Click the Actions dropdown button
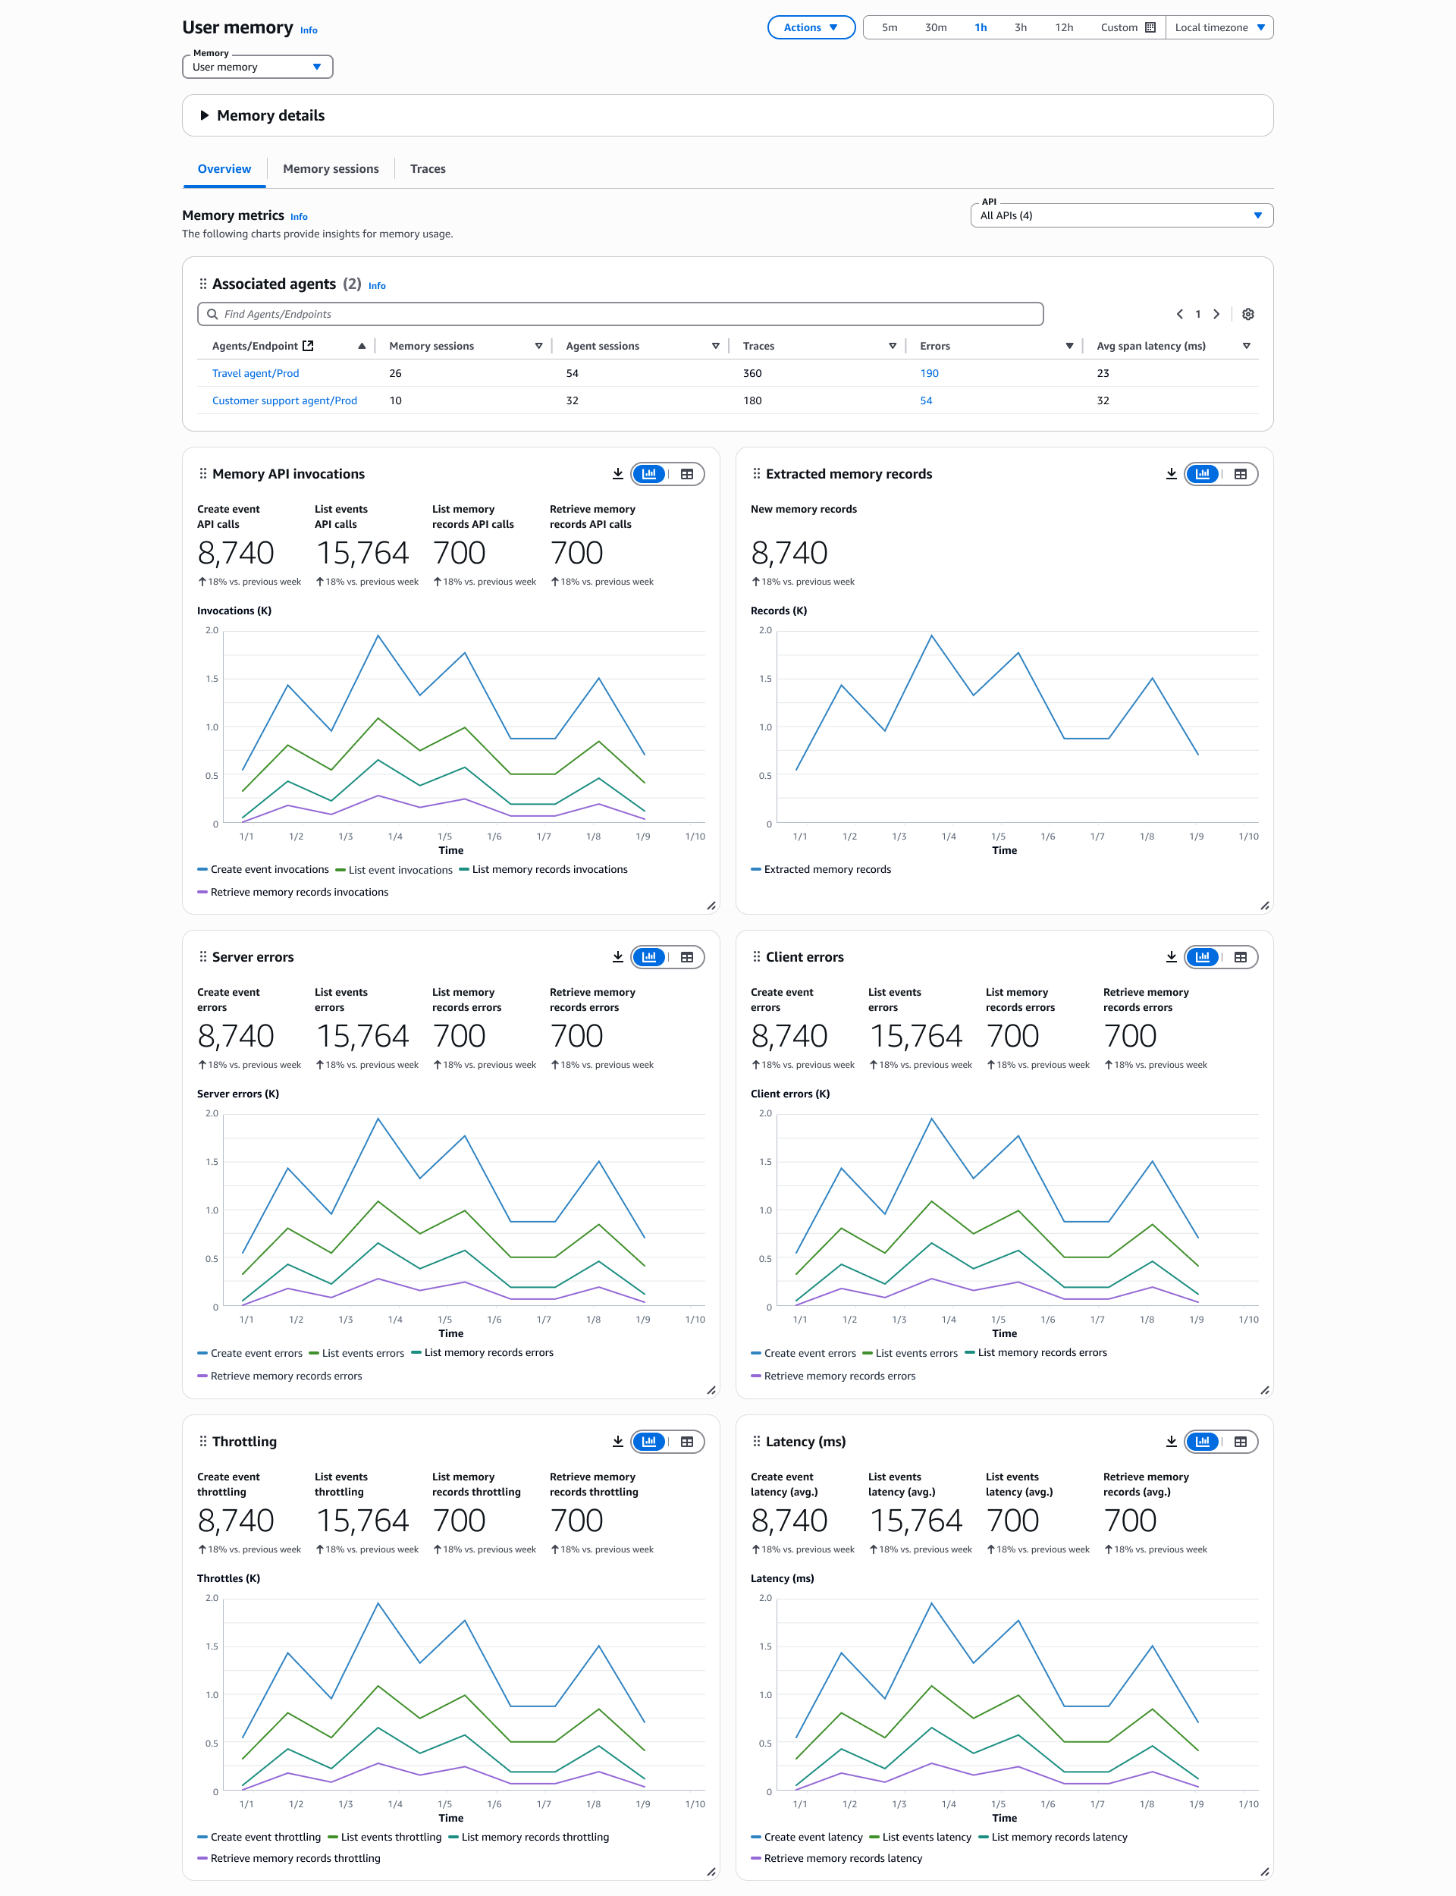click(x=811, y=28)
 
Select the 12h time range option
click(x=1063, y=28)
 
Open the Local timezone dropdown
click(x=1219, y=28)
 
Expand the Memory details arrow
click(x=205, y=115)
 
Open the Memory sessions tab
click(x=330, y=169)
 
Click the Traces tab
click(x=427, y=169)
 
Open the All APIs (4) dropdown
click(x=1121, y=216)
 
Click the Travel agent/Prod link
click(x=256, y=373)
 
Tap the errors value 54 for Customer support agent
click(x=926, y=400)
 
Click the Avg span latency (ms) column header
click(x=1150, y=346)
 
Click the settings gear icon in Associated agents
click(x=1247, y=314)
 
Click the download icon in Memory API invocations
click(x=618, y=474)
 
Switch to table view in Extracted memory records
click(x=1240, y=474)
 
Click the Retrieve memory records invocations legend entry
click(x=299, y=893)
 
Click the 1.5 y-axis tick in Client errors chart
click(x=764, y=1162)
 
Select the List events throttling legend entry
click(x=391, y=1837)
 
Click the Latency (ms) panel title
click(x=805, y=1442)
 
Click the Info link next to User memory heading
click(x=309, y=30)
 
